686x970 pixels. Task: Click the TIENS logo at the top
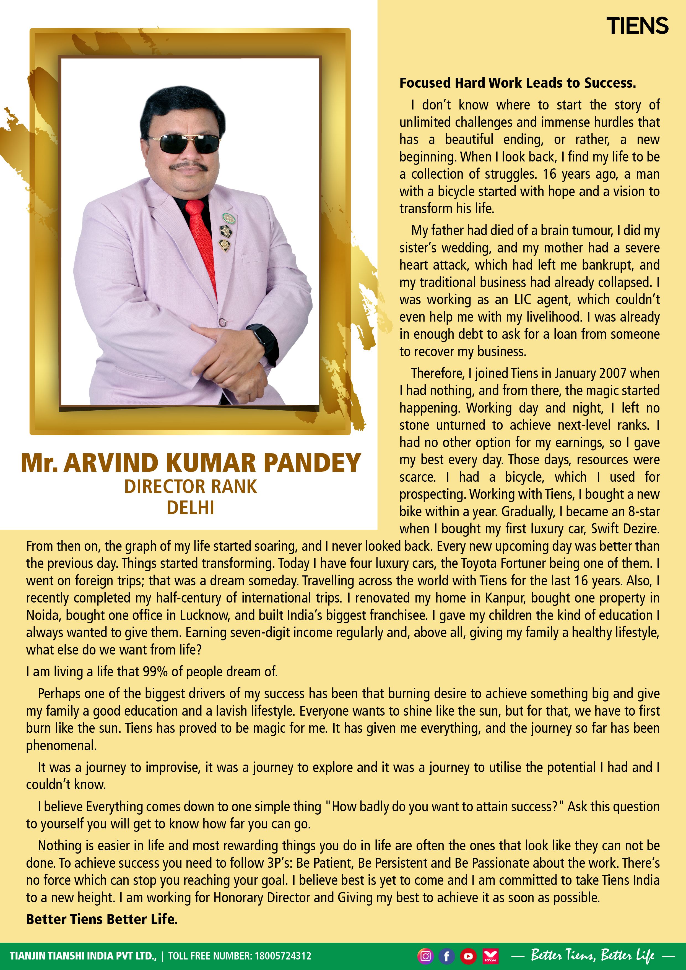[x=637, y=26]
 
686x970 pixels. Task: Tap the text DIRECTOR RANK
[x=190, y=487]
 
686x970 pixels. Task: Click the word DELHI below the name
[x=190, y=507]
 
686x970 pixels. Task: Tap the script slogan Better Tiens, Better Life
[x=593, y=955]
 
